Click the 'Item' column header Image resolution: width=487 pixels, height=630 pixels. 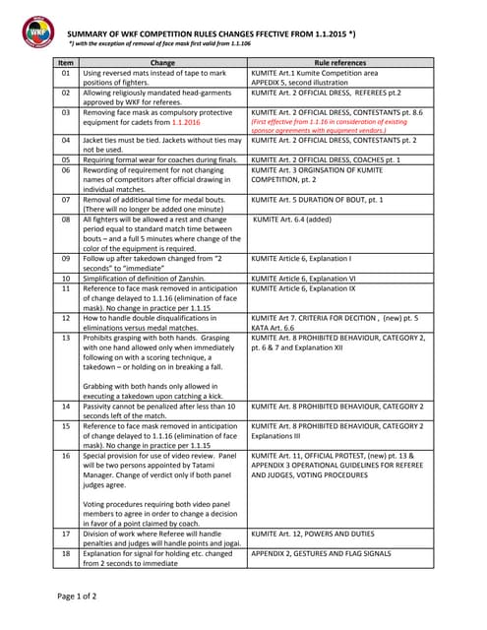[x=66, y=62]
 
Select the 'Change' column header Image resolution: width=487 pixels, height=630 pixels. [x=163, y=62]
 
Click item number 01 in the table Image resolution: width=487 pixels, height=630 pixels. [x=66, y=73]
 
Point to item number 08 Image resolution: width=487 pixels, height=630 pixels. [x=66, y=220]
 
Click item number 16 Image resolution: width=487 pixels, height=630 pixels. [x=66, y=456]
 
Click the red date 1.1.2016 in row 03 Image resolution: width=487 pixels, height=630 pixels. [x=192, y=123]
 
